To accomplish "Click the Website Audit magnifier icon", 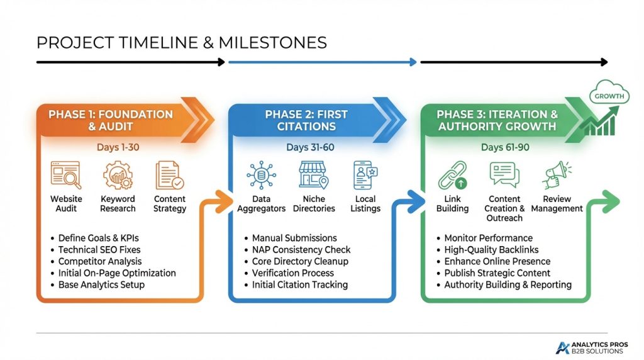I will click(65, 176).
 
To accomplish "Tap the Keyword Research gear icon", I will click(118, 176).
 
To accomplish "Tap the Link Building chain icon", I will click(452, 176).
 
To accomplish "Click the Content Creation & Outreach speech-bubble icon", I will click(504, 175).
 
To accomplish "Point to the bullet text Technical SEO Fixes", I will click(99, 250).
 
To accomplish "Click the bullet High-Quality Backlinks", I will click(491, 250).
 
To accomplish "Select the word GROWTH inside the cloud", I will click(609, 96).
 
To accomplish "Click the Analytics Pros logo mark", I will click(562, 347).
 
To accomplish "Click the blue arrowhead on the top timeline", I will click(413, 62).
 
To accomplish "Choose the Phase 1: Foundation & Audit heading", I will click(111, 120).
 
